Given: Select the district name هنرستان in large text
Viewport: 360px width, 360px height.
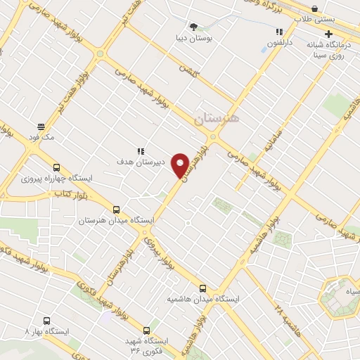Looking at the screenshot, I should (x=217, y=119).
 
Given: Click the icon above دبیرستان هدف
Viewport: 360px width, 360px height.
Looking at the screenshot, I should (x=141, y=151).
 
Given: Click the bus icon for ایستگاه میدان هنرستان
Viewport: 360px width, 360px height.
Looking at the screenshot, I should (x=116, y=209).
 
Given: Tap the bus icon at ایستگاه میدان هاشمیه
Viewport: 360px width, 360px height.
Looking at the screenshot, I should (x=203, y=288).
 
